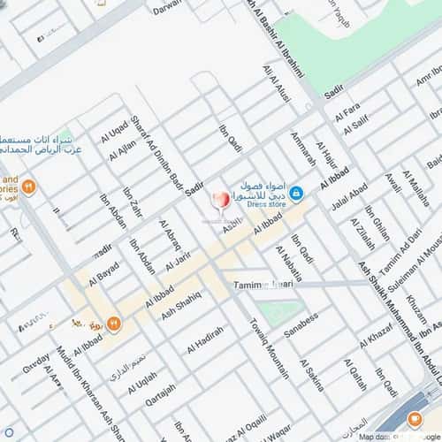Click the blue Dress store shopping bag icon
point(296,192)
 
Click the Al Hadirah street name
point(204,340)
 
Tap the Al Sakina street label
point(312,376)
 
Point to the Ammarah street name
point(303,149)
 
